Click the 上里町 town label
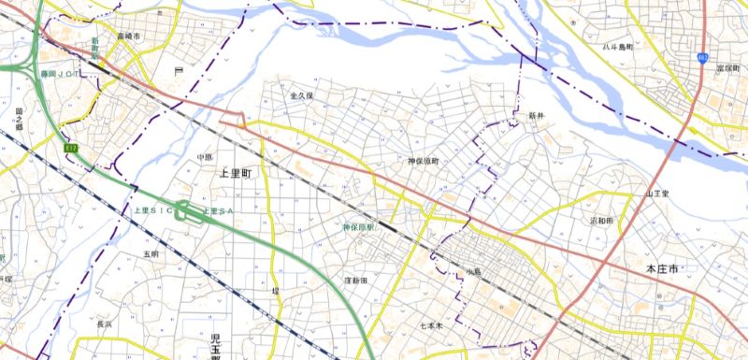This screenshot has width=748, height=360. tap(234, 174)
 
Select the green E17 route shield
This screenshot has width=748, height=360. tap(71, 149)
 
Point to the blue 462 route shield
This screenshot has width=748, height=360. tap(702, 58)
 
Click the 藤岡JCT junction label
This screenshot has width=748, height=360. tap(58, 72)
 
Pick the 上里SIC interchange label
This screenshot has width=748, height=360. tap(150, 211)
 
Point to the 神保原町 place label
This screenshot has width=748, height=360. tap(423, 162)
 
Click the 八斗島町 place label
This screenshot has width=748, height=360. tap(618, 46)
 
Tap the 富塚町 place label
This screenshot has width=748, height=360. tap(727, 69)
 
